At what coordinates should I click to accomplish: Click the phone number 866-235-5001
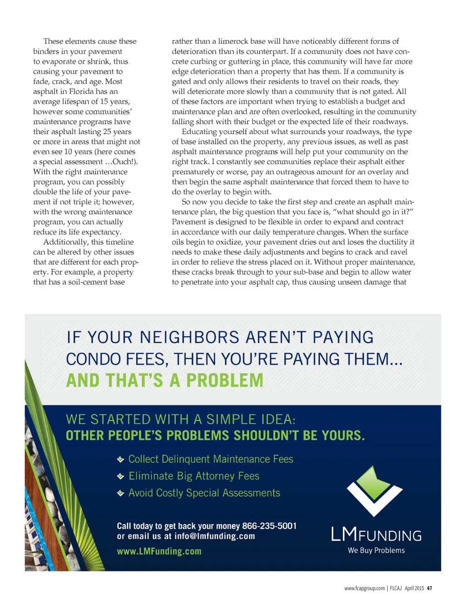(269, 526)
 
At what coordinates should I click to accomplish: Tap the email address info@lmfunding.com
(214, 536)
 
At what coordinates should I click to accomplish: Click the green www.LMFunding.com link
(159, 551)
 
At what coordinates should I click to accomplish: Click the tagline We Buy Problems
(376, 550)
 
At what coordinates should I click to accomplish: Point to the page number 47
(430, 588)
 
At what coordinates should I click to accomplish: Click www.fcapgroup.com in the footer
(364, 588)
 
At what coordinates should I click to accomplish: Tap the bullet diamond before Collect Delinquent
(120, 459)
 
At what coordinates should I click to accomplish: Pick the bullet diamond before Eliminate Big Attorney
(120, 476)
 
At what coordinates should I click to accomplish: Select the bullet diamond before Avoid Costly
(120, 493)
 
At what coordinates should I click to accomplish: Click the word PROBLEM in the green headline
(224, 380)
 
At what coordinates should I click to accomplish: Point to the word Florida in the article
(81, 91)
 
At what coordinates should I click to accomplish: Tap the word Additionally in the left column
(66, 242)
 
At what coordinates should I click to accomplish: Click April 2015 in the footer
(414, 588)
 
